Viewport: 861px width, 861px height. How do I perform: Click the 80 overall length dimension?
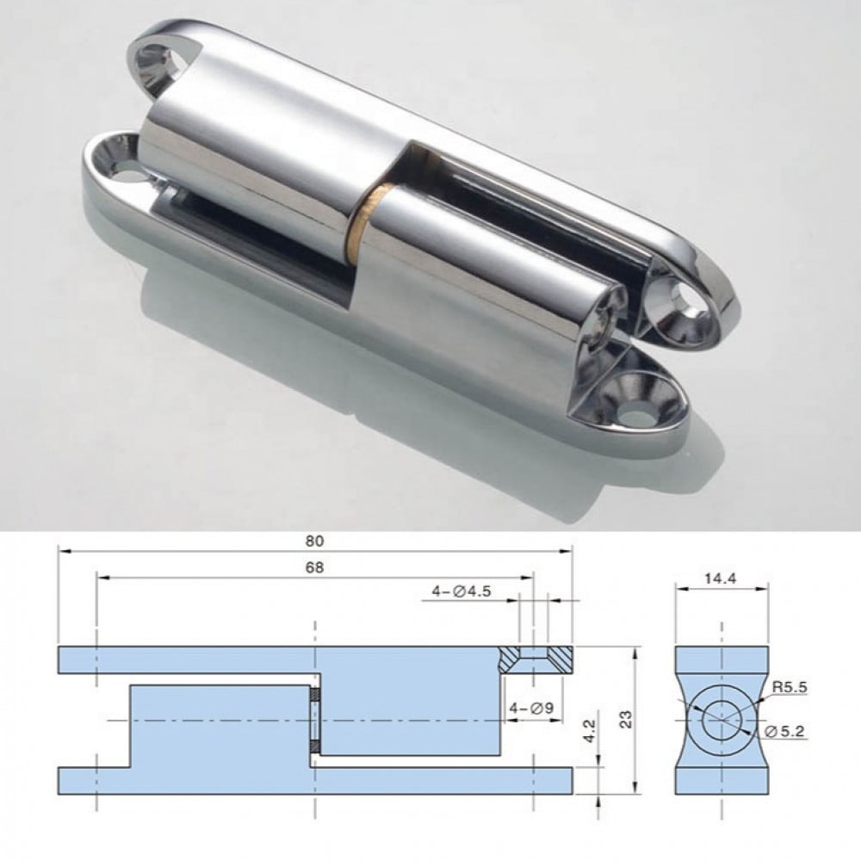314,541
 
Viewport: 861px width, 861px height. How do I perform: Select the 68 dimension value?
314,567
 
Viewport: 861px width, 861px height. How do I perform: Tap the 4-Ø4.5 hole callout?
461,592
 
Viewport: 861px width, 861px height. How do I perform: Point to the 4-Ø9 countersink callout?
531,709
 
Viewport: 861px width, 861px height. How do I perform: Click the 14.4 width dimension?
721,578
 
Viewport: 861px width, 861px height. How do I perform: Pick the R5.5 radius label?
790,687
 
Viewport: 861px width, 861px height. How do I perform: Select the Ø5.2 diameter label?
785,731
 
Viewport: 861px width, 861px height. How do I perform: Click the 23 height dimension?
626,719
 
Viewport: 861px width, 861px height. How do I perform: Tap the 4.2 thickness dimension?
589,731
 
